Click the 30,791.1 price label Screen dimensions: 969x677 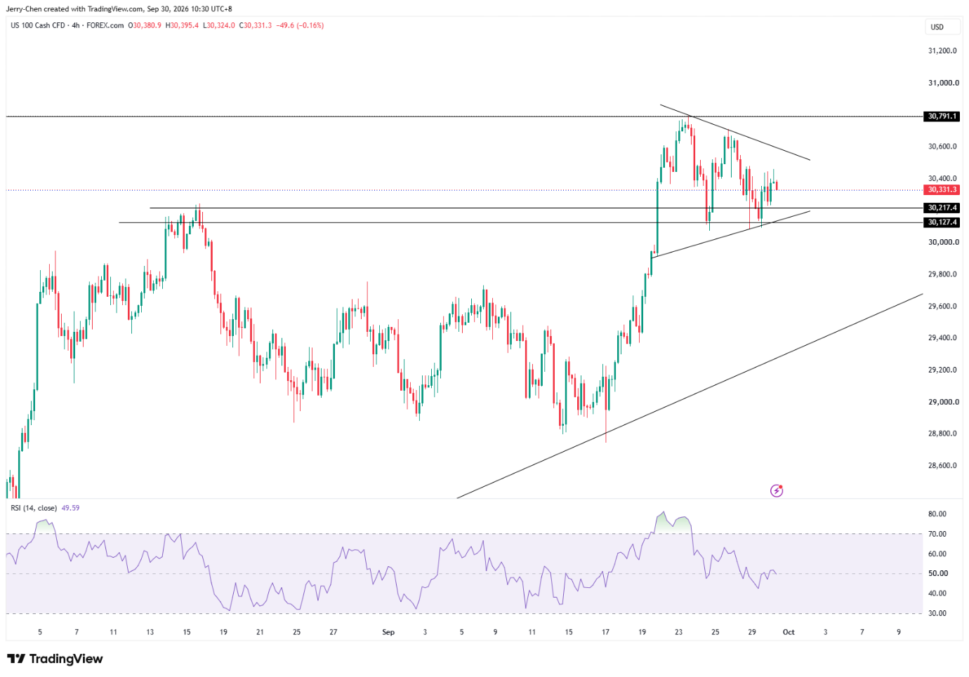pos(942,116)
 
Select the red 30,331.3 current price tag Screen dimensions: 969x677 pos(942,190)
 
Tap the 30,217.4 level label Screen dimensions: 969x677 pos(942,208)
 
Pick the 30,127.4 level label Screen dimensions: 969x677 pos(942,222)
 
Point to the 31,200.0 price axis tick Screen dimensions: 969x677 pos(942,51)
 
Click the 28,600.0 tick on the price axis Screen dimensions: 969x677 pos(942,466)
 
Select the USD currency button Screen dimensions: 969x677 pos(937,27)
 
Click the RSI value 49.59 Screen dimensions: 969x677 pos(70,508)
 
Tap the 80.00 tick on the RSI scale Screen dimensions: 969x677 pos(937,514)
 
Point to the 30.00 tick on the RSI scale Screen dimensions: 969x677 pos(937,613)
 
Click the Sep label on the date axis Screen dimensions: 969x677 pos(388,632)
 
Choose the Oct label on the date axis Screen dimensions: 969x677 pos(789,632)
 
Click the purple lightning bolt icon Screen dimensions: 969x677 pos(777,490)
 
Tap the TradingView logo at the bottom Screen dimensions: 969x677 pos(55,659)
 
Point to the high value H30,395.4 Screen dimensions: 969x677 pos(182,25)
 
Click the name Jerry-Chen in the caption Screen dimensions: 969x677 pos(24,9)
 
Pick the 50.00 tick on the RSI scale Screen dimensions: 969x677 pos(937,574)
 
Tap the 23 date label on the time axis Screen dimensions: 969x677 pos(679,632)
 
